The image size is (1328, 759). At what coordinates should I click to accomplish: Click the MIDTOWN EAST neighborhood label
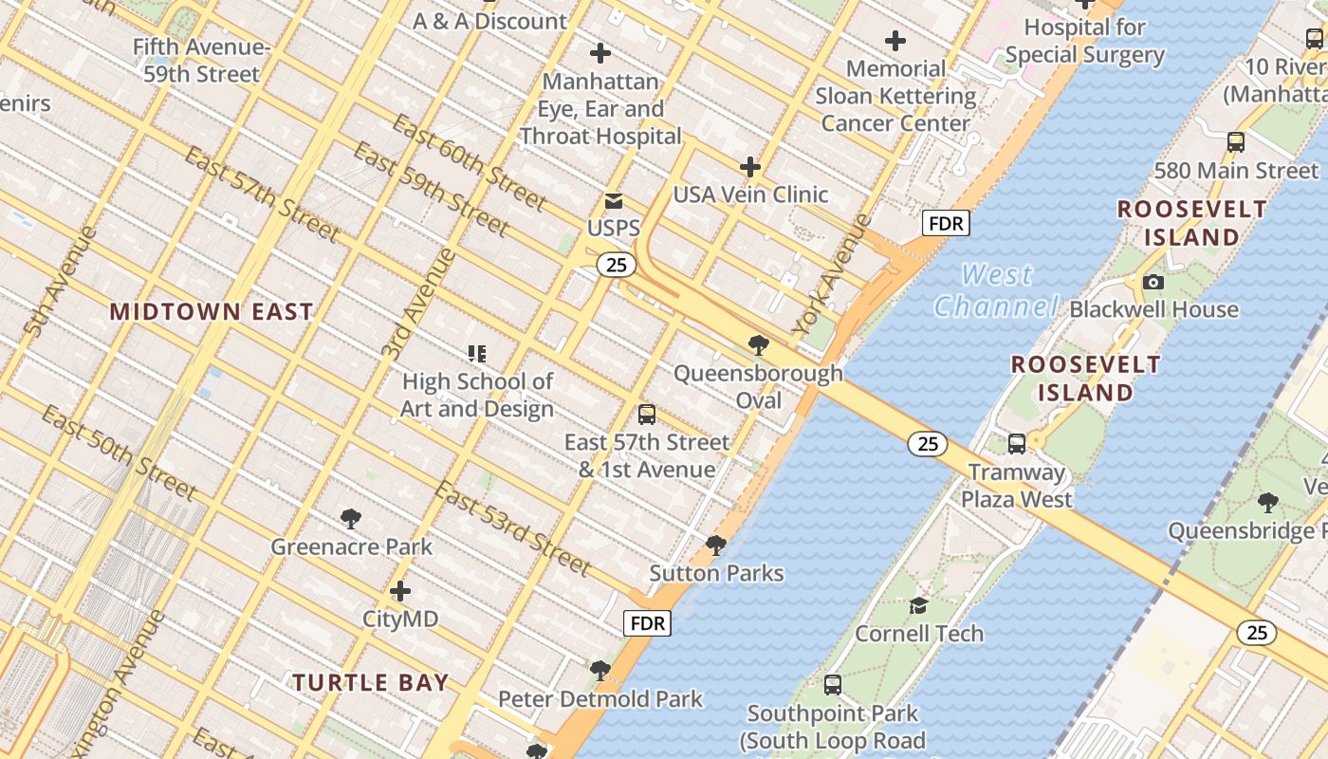(211, 311)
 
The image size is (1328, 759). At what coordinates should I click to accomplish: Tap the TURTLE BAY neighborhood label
(370, 682)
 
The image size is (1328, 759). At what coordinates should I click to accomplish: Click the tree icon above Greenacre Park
(351, 518)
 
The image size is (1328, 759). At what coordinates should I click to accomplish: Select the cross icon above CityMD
(400, 591)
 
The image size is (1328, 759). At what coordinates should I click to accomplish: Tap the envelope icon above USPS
(614, 201)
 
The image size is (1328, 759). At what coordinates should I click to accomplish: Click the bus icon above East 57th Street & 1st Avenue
(647, 415)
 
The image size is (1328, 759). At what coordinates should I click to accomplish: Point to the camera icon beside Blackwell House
(1153, 282)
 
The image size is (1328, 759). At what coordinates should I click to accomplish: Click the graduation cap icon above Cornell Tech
(918, 605)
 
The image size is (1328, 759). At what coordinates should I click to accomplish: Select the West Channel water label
(996, 290)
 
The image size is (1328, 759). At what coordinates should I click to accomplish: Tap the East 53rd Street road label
(512, 528)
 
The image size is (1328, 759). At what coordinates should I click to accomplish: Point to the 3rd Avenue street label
(418, 304)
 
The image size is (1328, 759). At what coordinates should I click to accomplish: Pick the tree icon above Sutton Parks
(716, 546)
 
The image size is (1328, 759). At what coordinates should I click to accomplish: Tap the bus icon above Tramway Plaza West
(1017, 443)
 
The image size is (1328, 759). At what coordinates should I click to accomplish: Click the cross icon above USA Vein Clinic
(750, 167)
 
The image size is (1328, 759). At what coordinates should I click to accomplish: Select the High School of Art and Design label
(477, 395)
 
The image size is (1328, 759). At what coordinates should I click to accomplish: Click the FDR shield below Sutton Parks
(647, 623)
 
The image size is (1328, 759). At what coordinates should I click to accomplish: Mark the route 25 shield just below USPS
(617, 265)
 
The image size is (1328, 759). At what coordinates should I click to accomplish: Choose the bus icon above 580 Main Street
(1235, 142)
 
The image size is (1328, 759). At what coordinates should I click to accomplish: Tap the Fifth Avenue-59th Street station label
(201, 61)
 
